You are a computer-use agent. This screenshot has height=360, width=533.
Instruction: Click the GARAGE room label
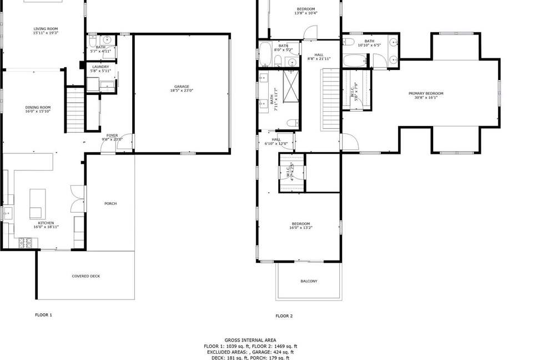coord(182,87)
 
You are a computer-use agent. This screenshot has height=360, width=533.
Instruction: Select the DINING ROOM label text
coord(38,107)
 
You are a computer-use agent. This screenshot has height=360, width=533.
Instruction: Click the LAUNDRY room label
coord(100,67)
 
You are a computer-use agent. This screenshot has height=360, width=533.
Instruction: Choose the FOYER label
coord(112,135)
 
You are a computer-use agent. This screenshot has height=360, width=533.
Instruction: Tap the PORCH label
coord(110,203)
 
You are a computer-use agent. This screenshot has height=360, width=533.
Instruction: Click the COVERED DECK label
coord(86,276)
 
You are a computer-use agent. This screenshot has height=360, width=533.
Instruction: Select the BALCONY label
coord(309,281)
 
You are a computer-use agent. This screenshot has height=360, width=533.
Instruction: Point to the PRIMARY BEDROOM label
coord(426,93)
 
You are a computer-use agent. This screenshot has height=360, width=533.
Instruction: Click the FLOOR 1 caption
coord(43,315)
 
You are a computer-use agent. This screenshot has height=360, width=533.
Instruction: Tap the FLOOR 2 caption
coord(284,316)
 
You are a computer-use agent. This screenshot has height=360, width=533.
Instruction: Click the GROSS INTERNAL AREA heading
coord(250,339)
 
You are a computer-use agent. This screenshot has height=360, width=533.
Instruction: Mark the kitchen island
coord(37,203)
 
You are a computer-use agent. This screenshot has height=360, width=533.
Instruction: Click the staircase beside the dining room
coord(74,109)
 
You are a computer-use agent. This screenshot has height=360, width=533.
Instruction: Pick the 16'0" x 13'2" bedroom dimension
coord(300,228)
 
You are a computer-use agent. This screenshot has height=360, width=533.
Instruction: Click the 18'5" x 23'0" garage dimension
coord(182,91)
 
